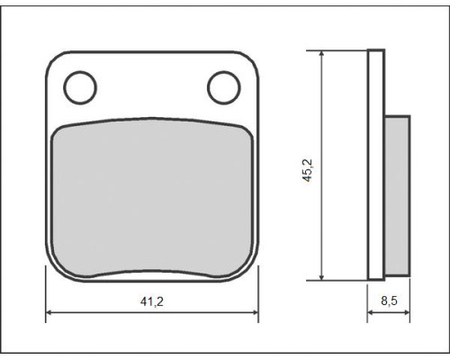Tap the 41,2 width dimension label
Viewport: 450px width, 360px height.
pos(152,301)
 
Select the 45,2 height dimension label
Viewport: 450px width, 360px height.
pos(308,170)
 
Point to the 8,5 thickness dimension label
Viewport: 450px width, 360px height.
pos(389,301)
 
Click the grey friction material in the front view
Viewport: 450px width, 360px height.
pos(152,198)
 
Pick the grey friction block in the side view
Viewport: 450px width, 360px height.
pos(398,195)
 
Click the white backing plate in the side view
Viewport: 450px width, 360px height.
pos(376,165)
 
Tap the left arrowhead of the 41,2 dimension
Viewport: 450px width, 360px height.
pos(49,312)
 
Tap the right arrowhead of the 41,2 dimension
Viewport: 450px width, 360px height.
pos(255,312)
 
